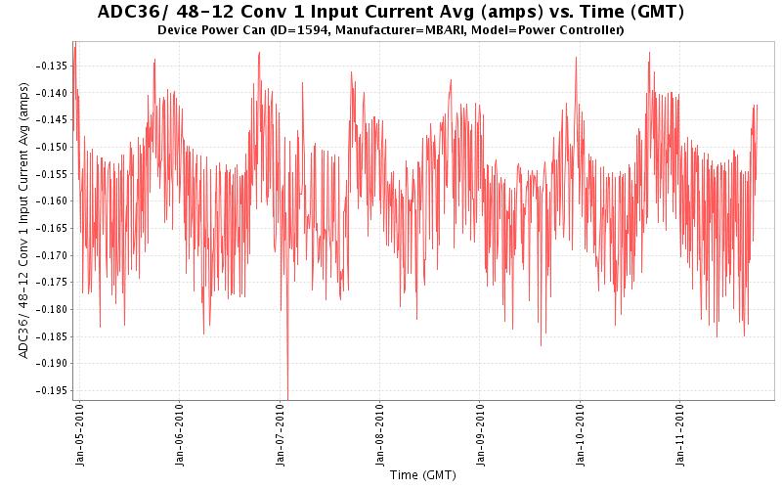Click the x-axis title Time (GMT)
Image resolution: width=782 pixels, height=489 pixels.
[422, 475]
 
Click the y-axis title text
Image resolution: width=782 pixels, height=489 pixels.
[23, 220]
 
